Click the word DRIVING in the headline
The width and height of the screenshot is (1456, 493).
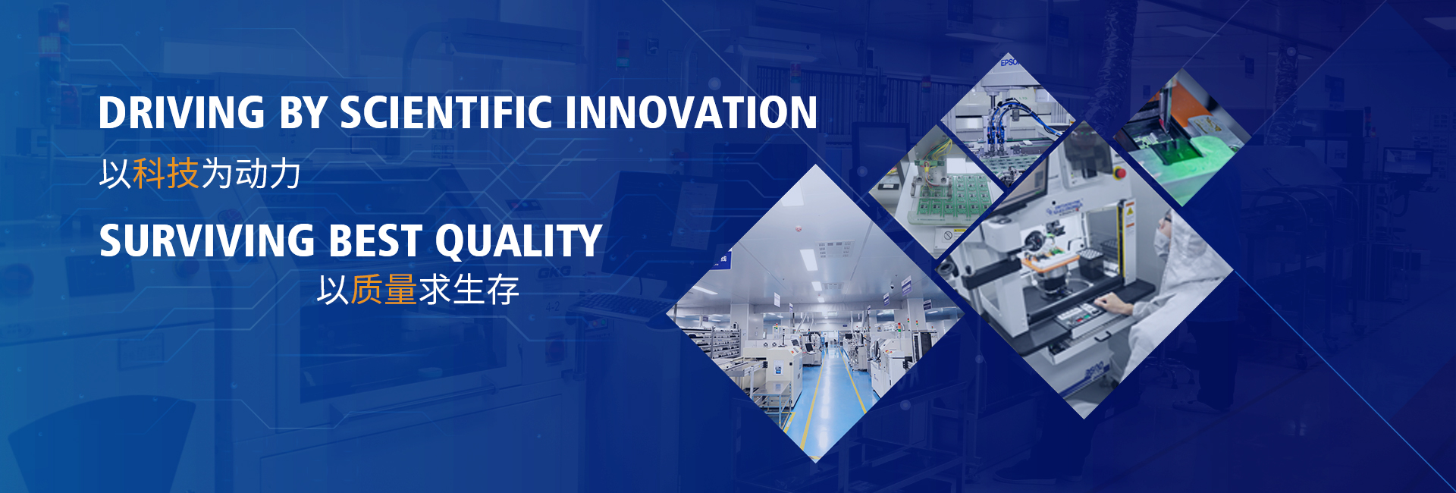pyautogui.click(x=181, y=112)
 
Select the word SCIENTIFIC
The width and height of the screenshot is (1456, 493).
pyautogui.click(x=446, y=112)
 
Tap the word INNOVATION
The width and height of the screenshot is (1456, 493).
pyautogui.click(x=691, y=112)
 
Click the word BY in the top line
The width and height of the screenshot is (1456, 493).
pyautogui.click(x=302, y=112)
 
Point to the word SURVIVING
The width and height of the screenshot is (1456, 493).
pyautogui.click(x=207, y=240)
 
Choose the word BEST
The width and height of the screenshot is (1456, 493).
pyautogui.click(x=375, y=240)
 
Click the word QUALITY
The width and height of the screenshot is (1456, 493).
pyautogui.click(x=519, y=241)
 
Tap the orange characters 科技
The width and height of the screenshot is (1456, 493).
pyautogui.click(x=165, y=174)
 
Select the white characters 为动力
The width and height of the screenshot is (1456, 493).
pyautogui.click(x=250, y=174)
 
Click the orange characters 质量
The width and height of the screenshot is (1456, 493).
pyautogui.click(x=384, y=289)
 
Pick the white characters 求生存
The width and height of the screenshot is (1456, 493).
pyautogui.click(x=469, y=289)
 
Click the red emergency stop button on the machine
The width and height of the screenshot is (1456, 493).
pyautogui.click(x=1120, y=174)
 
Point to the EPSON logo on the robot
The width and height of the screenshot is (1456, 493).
pyautogui.click(x=1009, y=62)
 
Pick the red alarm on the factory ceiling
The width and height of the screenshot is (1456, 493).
pyautogui.click(x=798, y=227)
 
